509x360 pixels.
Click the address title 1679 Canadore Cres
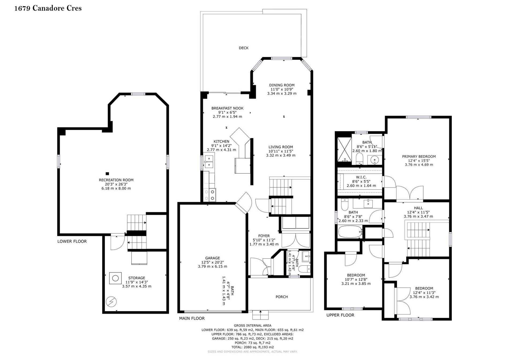coord(48,8)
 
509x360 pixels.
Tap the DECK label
coord(244,48)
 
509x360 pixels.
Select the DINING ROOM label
coord(282,85)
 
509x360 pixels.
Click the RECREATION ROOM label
coord(116,180)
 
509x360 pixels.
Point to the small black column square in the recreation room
coord(107,174)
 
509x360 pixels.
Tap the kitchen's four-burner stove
coord(210,195)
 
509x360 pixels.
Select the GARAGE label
coord(212,258)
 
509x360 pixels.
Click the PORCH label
coord(282,297)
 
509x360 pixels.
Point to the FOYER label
coord(264,236)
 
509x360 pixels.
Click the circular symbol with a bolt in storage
coord(111,302)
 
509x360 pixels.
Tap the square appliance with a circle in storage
coord(115,278)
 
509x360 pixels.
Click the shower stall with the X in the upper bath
coord(344,150)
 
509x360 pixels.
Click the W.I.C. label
coord(361,177)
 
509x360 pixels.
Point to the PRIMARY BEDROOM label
coord(419,157)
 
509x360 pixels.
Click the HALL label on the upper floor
coord(418,208)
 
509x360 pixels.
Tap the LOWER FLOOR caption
coord(72,241)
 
